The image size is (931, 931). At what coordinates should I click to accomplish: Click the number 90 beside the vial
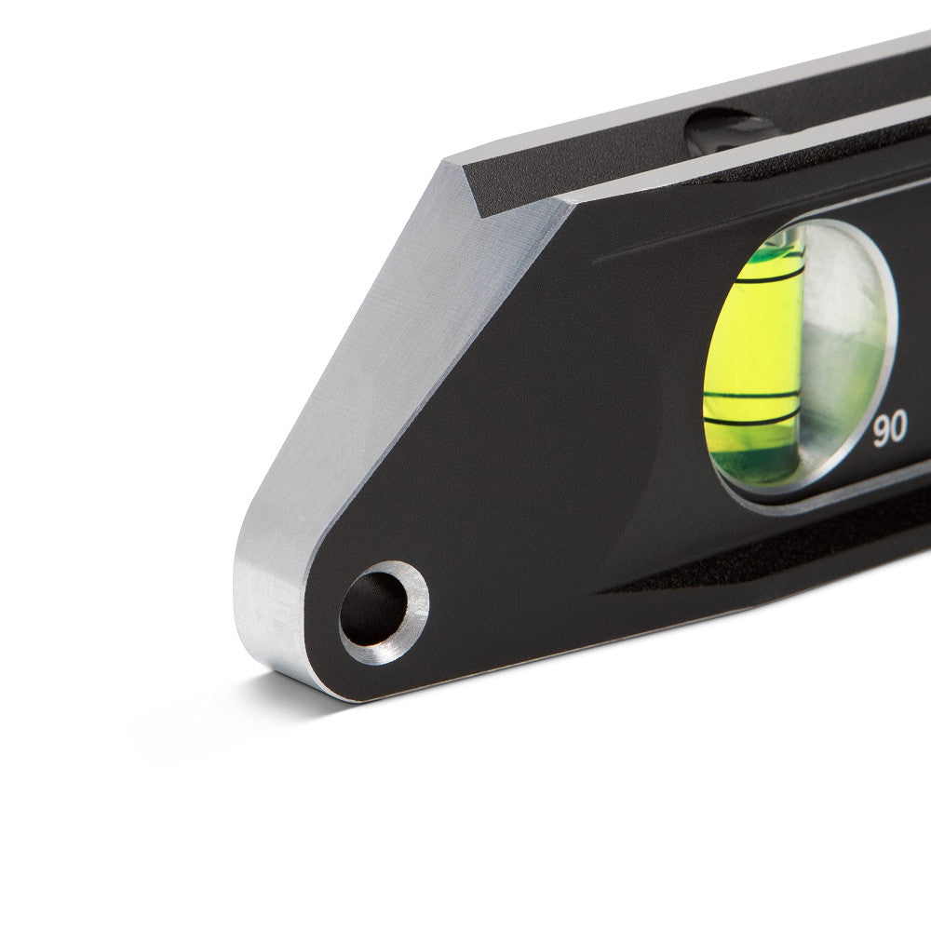(890, 429)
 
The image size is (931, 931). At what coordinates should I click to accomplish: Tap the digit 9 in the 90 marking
(882, 429)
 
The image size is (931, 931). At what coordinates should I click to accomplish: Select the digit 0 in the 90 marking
(898, 429)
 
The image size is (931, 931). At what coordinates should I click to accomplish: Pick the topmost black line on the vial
(769, 277)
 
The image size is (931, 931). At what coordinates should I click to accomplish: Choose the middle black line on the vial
(752, 395)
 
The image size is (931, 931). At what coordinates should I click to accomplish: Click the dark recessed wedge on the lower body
(745, 577)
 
